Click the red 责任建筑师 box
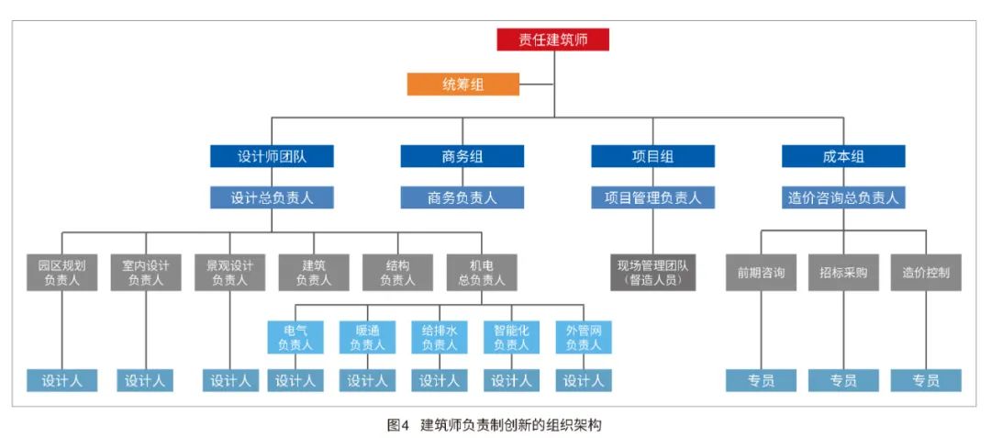click(553, 39)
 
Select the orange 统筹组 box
click(463, 84)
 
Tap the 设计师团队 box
click(272, 156)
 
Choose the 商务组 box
click(462, 156)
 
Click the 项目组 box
click(652, 156)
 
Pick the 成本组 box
click(843, 156)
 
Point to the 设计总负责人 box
click(272, 197)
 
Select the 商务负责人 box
click(462, 197)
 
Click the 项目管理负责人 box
click(652, 197)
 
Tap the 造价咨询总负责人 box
click(843, 197)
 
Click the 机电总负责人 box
click(481, 273)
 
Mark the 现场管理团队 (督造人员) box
click(652, 273)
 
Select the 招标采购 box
click(843, 273)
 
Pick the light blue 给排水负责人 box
click(440, 337)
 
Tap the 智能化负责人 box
click(511, 337)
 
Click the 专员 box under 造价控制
click(926, 380)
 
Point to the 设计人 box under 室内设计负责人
click(145, 380)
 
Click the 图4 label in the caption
click(397, 424)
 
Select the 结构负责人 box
click(397, 273)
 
